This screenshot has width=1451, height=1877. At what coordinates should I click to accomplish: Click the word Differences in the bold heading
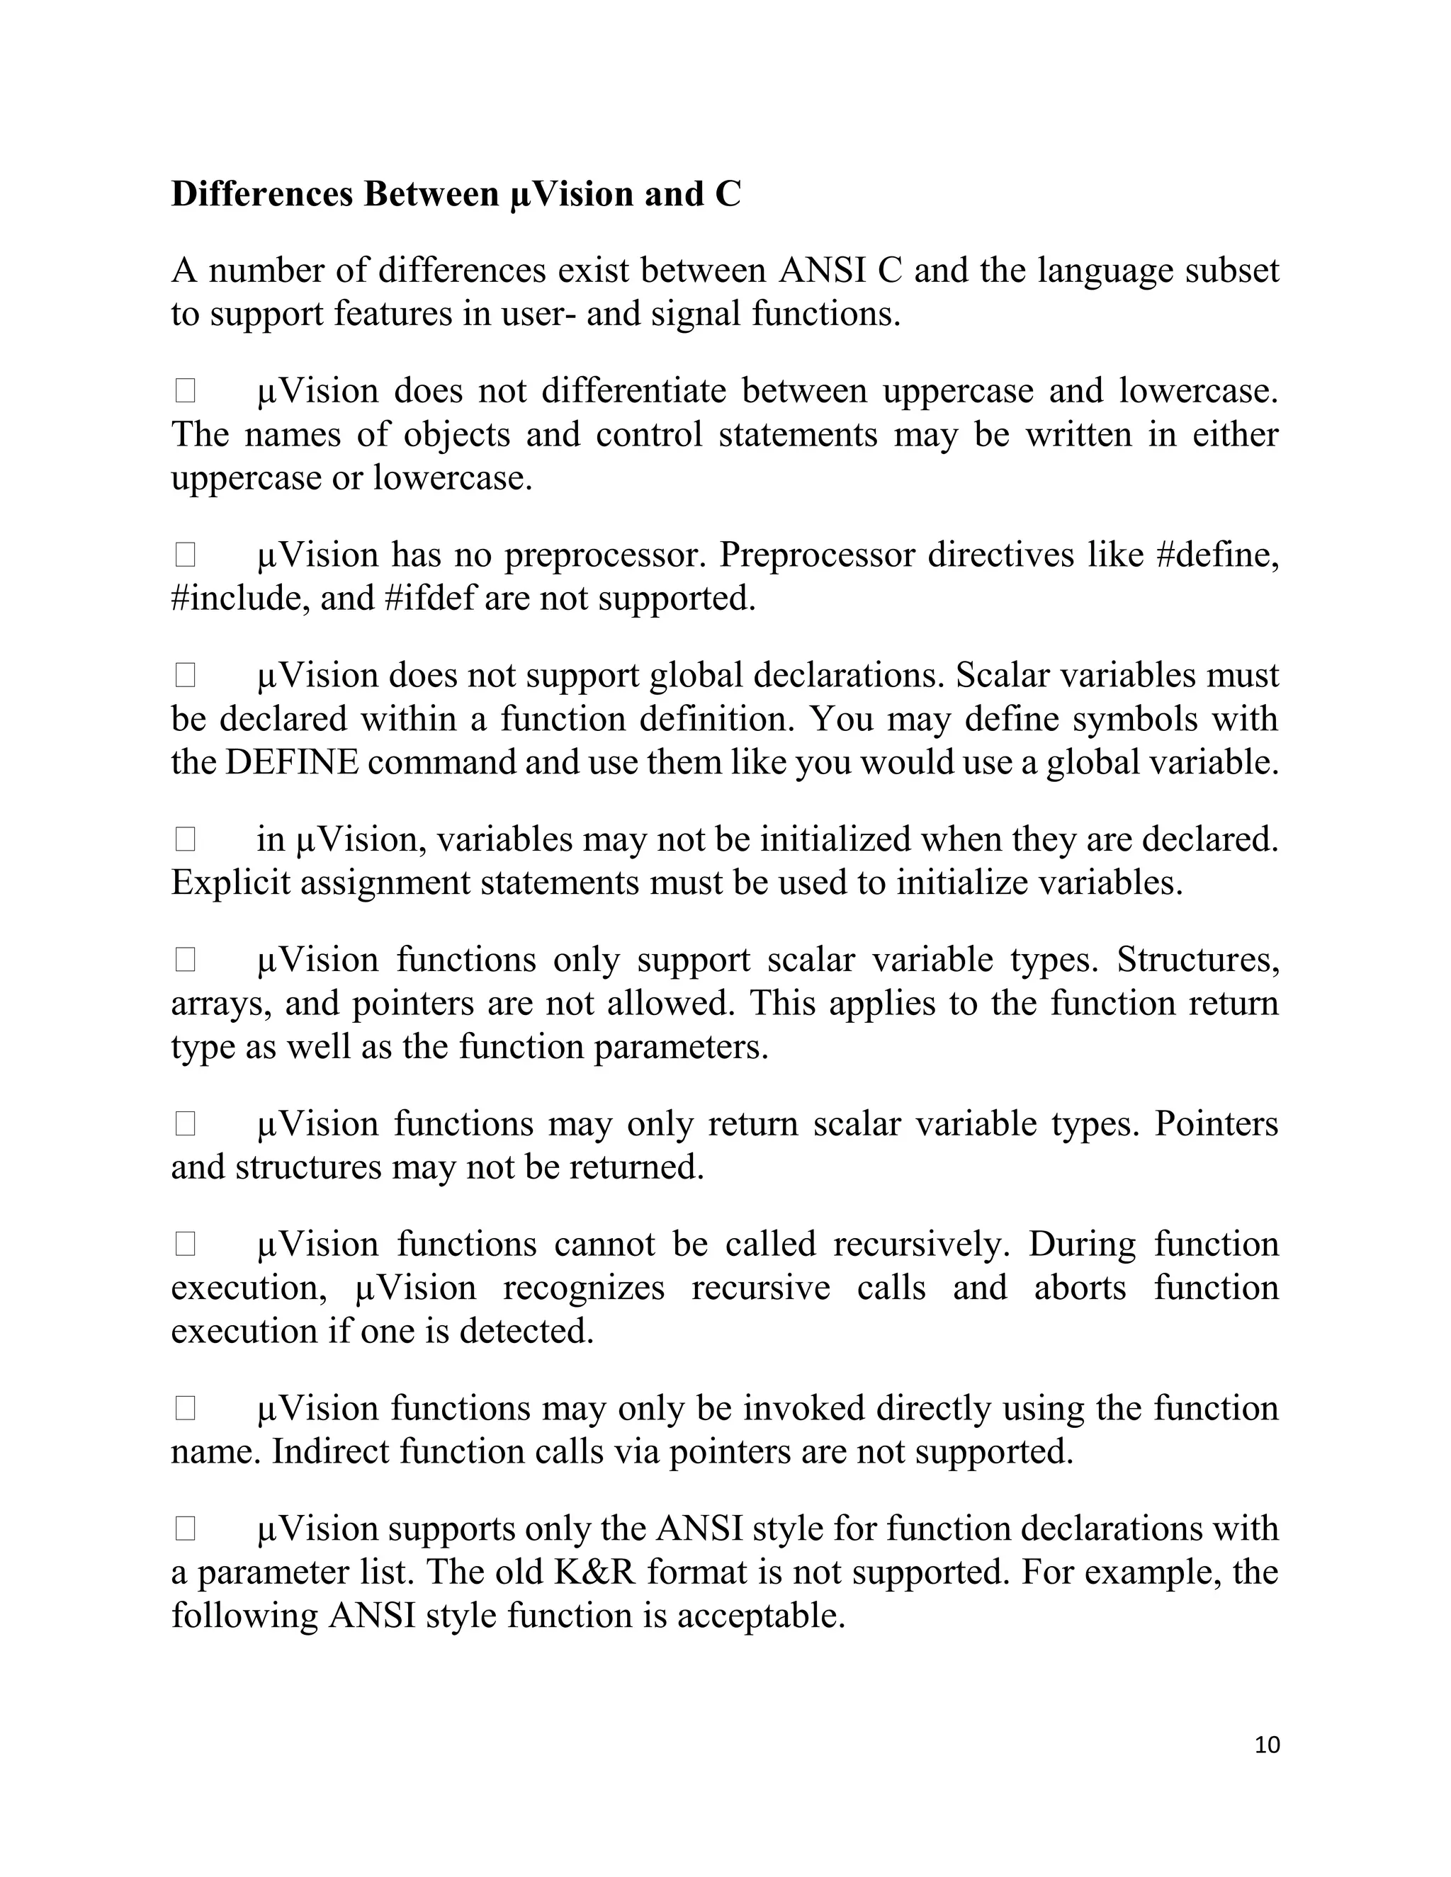point(262,194)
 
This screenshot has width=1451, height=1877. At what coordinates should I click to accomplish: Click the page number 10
point(1267,1745)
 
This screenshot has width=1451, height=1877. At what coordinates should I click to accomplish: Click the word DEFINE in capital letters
point(291,762)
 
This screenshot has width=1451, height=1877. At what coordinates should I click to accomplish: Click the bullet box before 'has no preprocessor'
point(185,555)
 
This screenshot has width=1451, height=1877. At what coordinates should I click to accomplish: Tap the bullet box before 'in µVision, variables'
point(185,839)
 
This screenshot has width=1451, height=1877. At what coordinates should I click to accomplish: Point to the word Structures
point(1197,960)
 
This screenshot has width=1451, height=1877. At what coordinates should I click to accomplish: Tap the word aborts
point(1080,1288)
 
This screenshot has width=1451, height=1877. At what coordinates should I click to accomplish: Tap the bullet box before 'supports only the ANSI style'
point(185,1529)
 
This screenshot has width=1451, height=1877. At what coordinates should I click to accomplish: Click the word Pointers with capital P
point(1216,1124)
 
